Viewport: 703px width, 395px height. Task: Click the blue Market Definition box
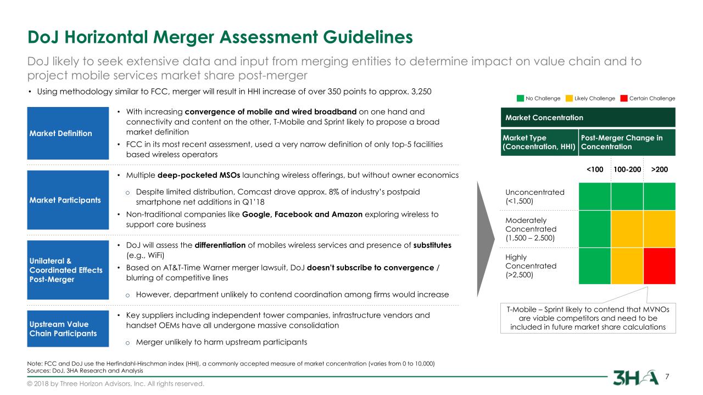pyautogui.click(x=68, y=133)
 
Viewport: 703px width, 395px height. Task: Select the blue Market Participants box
pyautogui.click(x=68, y=200)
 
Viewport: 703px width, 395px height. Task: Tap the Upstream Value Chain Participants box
pyautogui.click(x=68, y=329)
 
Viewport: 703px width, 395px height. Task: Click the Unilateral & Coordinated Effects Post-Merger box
pyautogui.click(x=68, y=270)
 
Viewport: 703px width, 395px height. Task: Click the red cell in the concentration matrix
pyautogui.click(x=660, y=266)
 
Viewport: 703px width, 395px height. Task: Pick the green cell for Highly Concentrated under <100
pyautogui.click(x=595, y=266)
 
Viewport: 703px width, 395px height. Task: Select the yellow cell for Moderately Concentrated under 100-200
pyautogui.click(x=627, y=229)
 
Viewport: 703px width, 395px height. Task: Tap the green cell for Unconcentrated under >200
pyautogui.click(x=660, y=196)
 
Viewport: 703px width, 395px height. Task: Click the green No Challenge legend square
pyautogui.click(x=520, y=98)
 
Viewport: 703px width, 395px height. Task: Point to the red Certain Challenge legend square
pyautogui.click(x=624, y=98)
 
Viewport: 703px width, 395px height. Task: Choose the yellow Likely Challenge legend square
pyautogui.click(x=569, y=98)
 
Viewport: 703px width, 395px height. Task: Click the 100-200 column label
pyautogui.click(x=627, y=170)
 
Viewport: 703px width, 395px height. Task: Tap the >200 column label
pyautogui.click(x=660, y=170)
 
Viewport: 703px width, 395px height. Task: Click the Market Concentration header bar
pyautogui.click(x=588, y=117)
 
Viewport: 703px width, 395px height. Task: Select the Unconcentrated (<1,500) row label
pyautogui.click(x=535, y=196)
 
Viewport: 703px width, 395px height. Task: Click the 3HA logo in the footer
pyautogui.click(x=636, y=377)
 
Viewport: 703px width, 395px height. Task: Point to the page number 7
pyautogui.click(x=667, y=376)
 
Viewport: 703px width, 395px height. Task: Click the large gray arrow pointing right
pyautogui.click(x=486, y=239)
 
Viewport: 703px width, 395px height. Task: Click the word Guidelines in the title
pyautogui.click(x=368, y=37)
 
